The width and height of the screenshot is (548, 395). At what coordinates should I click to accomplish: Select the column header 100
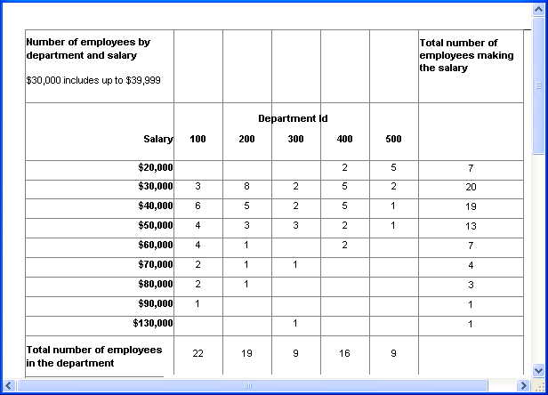pyautogui.click(x=197, y=139)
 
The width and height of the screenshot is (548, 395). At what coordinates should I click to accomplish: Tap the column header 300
pyautogui.click(x=295, y=139)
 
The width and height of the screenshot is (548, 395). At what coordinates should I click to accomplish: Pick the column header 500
pyautogui.click(x=393, y=139)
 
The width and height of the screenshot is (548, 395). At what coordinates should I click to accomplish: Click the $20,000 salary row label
pyautogui.click(x=156, y=167)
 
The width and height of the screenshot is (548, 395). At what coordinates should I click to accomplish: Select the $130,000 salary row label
pyautogui.click(x=153, y=323)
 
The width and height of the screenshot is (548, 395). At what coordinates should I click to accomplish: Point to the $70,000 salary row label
pyautogui.click(x=156, y=265)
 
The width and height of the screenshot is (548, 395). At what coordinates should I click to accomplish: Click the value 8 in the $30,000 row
pyautogui.click(x=246, y=187)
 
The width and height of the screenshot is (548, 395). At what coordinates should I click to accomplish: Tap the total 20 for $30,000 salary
pyautogui.click(x=471, y=187)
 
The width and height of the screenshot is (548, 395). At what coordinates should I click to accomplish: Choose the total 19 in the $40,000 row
pyautogui.click(x=471, y=206)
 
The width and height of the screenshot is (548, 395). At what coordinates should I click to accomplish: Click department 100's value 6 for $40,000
pyautogui.click(x=197, y=206)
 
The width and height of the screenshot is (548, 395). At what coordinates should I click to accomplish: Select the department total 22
pyautogui.click(x=197, y=353)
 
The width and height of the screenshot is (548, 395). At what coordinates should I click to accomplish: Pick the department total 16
pyautogui.click(x=344, y=353)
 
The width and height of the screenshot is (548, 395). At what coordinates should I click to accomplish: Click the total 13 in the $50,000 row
pyautogui.click(x=471, y=226)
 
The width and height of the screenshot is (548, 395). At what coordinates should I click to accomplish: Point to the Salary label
pyautogui.click(x=157, y=139)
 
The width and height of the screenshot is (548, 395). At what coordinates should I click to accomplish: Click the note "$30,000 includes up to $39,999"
pyautogui.click(x=93, y=81)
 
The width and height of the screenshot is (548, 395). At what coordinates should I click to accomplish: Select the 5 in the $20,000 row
pyautogui.click(x=393, y=167)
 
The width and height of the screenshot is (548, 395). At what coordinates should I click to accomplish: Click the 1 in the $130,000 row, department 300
pyautogui.click(x=295, y=323)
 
